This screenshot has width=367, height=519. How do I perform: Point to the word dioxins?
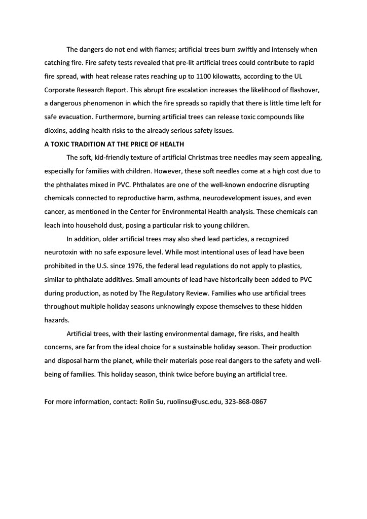click(x=56, y=130)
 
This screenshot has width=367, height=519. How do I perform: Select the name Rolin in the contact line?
click(x=146, y=402)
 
